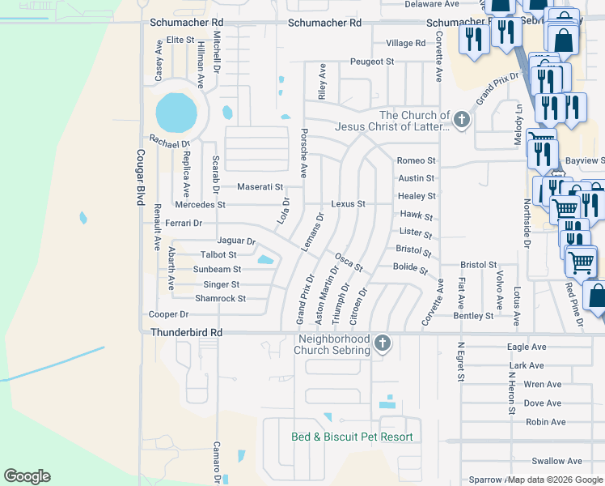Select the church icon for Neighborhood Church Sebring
pyautogui.click(x=383, y=344)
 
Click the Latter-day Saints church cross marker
pyautogui.click(x=461, y=121)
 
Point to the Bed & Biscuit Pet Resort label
pyautogui.click(x=352, y=437)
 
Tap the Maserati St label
pyautogui.click(x=260, y=187)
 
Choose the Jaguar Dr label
pyautogui.click(x=236, y=241)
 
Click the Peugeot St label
pyautogui.click(x=371, y=62)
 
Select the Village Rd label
pyautogui.click(x=405, y=43)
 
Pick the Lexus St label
pyautogui.click(x=348, y=204)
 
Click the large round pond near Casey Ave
pyautogui.click(x=176, y=113)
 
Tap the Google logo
pyautogui.click(x=27, y=476)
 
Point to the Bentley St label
pyautogui.click(x=473, y=316)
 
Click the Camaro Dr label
pyautogui.click(x=217, y=462)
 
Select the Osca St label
pyautogui.click(x=349, y=262)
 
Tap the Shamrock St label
pyautogui.click(x=220, y=299)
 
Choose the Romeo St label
pyautogui.click(x=417, y=161)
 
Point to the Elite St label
pyautogui.click(x=180, y=40)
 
